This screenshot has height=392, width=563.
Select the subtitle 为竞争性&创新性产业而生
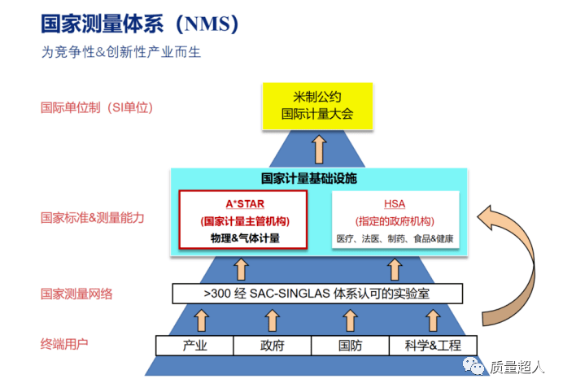click(x=121, y=53)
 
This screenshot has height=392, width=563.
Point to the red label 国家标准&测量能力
click(x=93, y=217)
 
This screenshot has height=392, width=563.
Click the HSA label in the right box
click(x=395, y=204)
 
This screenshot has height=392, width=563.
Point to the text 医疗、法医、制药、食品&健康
click(x=395, y=239)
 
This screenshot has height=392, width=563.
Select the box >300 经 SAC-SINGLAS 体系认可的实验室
click(x=317, y=293)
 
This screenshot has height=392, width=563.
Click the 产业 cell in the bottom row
click(x=194, y=345)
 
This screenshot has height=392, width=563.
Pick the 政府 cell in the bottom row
click(x=272, y=345)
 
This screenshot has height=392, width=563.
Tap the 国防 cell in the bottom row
click(x=350, y=345)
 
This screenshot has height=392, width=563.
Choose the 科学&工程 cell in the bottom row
click(x=432, y=345)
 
